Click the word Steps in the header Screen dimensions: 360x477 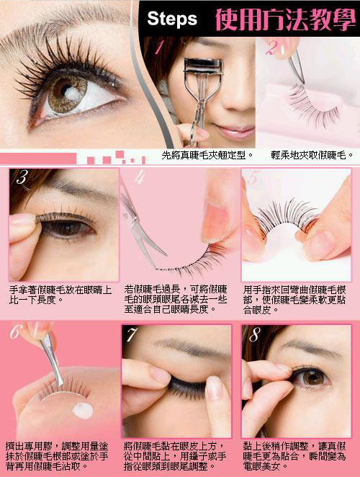pyautogui.click(x=172, y=19)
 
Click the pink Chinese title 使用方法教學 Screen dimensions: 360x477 pyautogui.click(x=286, y=20)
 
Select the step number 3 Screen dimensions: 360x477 pyautogui.click(x=22, y=177)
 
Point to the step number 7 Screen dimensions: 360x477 pyautogui.click(x=132, y=334)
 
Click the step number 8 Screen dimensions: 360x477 pyautogui.click(x=254, y=334)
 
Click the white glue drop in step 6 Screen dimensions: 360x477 pyautogui.click(x=83, y=411)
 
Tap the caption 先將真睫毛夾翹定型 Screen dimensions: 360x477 pyautogui.click(x=207, y=156)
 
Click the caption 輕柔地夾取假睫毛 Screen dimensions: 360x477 pyautogui.click(x=312, y=156)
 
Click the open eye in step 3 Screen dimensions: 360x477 pyautogui.click(x=68, y=228)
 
